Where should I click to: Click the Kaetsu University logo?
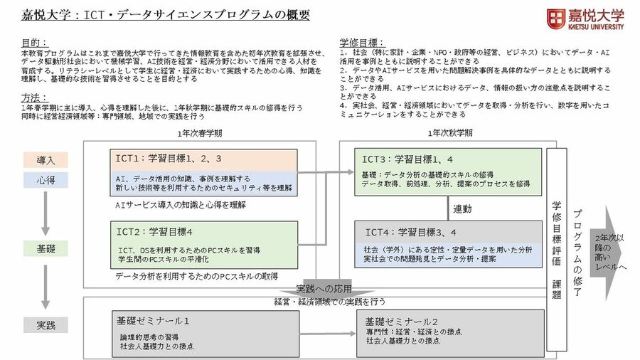click(585, 18)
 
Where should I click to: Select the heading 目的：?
click(35, 43)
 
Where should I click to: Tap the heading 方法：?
click(35, 97)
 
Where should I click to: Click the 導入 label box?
click(46, 160)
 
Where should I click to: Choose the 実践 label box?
click(46, 325)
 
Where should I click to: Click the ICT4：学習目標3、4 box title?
click(411, 232)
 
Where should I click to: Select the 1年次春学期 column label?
click(201, 133)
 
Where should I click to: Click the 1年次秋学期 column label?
click(451, 133)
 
